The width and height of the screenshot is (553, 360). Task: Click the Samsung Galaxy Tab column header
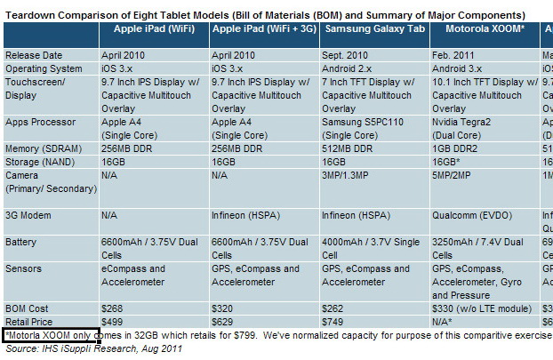click(x=373, y=28)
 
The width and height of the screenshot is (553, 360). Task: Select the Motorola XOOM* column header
click(x=480, y=28)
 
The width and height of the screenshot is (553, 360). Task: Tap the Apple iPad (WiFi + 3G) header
click(x=264, y=28)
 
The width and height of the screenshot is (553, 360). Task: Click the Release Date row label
click(x=34, y=55)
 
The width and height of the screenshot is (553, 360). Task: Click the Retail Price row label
click(x=30, y=321)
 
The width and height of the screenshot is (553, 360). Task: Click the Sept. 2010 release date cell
click(x=346, y=55)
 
